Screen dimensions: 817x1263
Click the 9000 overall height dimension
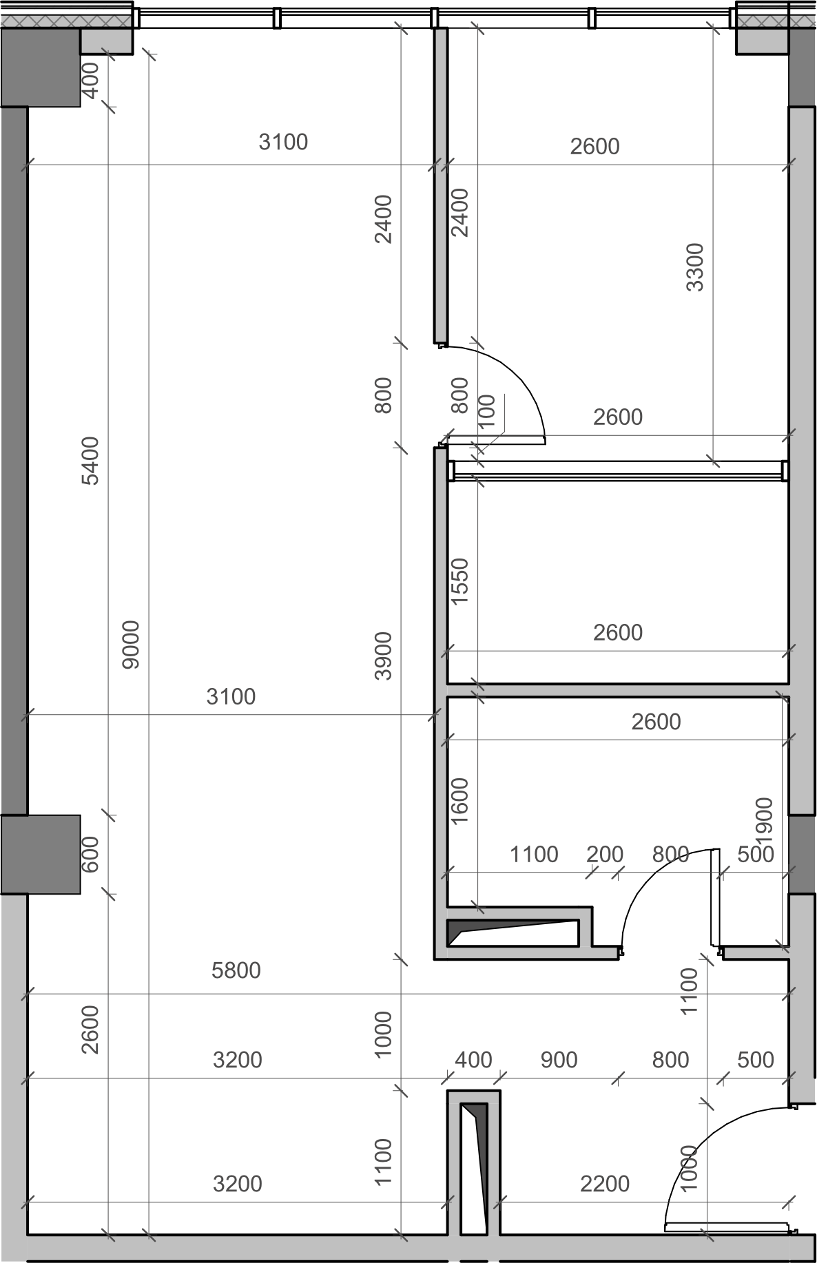(130, 645)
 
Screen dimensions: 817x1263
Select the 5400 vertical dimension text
(90, 461)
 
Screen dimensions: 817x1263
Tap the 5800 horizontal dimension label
(236, 970)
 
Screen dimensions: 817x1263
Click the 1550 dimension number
(459, 581)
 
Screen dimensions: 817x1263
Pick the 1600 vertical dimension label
(459, 801)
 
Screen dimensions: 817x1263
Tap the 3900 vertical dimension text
(383, 656)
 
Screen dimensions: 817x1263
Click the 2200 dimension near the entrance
(605, 1184)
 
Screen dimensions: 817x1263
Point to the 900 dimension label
(559, 1060)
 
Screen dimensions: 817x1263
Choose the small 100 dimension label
(486, 412)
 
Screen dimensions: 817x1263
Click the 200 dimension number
(605, 854)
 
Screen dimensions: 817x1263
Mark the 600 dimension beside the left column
(90, 854)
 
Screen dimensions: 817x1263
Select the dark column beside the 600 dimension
(41, 855)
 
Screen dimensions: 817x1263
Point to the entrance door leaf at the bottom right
(727, 1227)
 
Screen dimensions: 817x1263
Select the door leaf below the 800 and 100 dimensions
(496, 440)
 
